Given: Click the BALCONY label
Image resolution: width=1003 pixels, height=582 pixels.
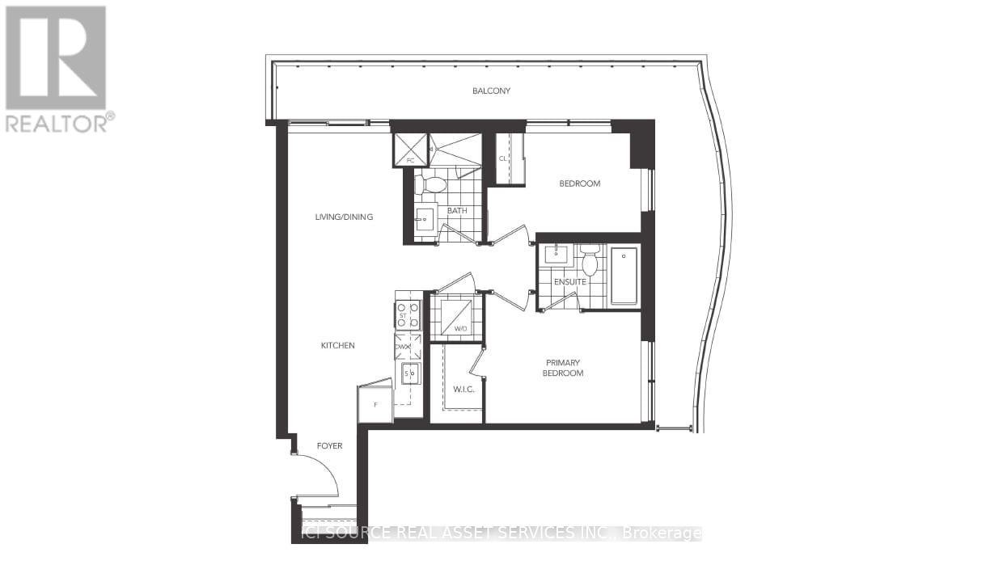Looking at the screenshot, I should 492,91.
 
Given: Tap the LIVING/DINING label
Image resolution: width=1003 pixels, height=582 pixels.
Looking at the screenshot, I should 344,217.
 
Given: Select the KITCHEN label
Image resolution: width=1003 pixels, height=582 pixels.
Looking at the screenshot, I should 337,345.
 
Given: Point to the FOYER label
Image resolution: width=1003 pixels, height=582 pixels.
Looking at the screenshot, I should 329,445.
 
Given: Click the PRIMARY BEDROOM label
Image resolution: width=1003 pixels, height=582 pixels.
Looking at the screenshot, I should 564,368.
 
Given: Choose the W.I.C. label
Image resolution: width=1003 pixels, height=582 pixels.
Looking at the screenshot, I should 463,389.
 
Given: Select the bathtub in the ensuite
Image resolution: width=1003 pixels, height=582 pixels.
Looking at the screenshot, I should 624,276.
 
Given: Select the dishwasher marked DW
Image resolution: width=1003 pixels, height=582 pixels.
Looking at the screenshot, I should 407,347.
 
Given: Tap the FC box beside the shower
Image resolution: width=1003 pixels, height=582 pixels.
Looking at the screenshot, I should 409,150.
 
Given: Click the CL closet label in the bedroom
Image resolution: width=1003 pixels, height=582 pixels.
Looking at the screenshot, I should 503,158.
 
